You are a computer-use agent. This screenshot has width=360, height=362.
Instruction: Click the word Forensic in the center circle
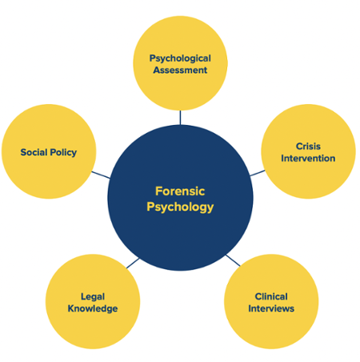(180, 191)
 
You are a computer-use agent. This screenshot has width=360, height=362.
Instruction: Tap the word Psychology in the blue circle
(180, 207)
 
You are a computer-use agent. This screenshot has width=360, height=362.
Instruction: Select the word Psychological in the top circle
(180, 58)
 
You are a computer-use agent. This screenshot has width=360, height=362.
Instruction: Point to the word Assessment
(180, 70)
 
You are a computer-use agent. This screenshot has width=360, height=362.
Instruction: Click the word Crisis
(308, 147)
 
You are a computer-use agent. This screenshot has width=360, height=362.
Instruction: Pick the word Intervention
(308, 158)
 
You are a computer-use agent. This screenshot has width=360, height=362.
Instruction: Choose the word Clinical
(271, 296)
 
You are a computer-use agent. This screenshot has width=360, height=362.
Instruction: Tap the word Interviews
(271, 308)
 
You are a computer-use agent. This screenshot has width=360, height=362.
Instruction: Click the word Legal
(93, 296)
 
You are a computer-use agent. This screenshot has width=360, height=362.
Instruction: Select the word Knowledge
(93, 308)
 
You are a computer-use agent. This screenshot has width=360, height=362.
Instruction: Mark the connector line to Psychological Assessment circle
(180, 117)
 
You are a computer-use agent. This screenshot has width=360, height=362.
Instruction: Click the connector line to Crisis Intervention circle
(258, 171)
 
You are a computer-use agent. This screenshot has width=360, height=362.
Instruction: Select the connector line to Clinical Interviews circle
(232, 259)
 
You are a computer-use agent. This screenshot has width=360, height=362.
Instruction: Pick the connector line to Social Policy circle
(101, 174)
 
